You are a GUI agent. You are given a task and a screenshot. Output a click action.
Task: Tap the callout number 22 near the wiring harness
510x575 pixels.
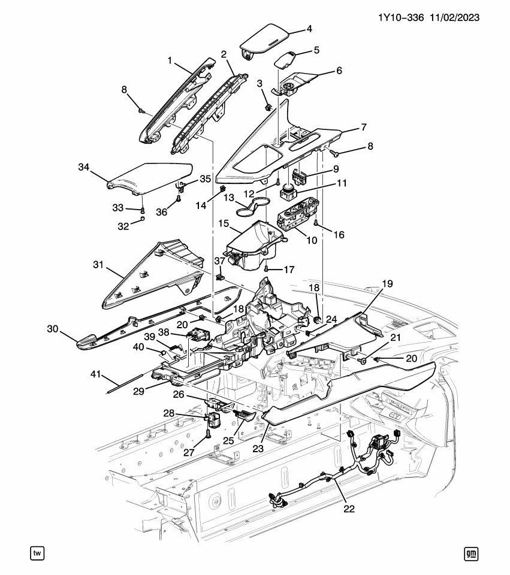(349, 509)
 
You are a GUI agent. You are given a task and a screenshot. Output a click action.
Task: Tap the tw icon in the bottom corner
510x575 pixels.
(38, 553)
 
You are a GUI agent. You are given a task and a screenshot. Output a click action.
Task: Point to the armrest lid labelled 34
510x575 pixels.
(150, 178)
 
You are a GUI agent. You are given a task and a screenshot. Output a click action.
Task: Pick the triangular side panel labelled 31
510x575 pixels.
(150, 276)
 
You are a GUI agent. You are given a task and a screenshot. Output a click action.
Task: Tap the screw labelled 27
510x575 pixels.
(208, 432)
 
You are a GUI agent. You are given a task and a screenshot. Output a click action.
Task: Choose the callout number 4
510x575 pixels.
(310, 28)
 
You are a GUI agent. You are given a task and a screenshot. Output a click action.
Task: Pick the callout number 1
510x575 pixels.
(170, 60)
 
